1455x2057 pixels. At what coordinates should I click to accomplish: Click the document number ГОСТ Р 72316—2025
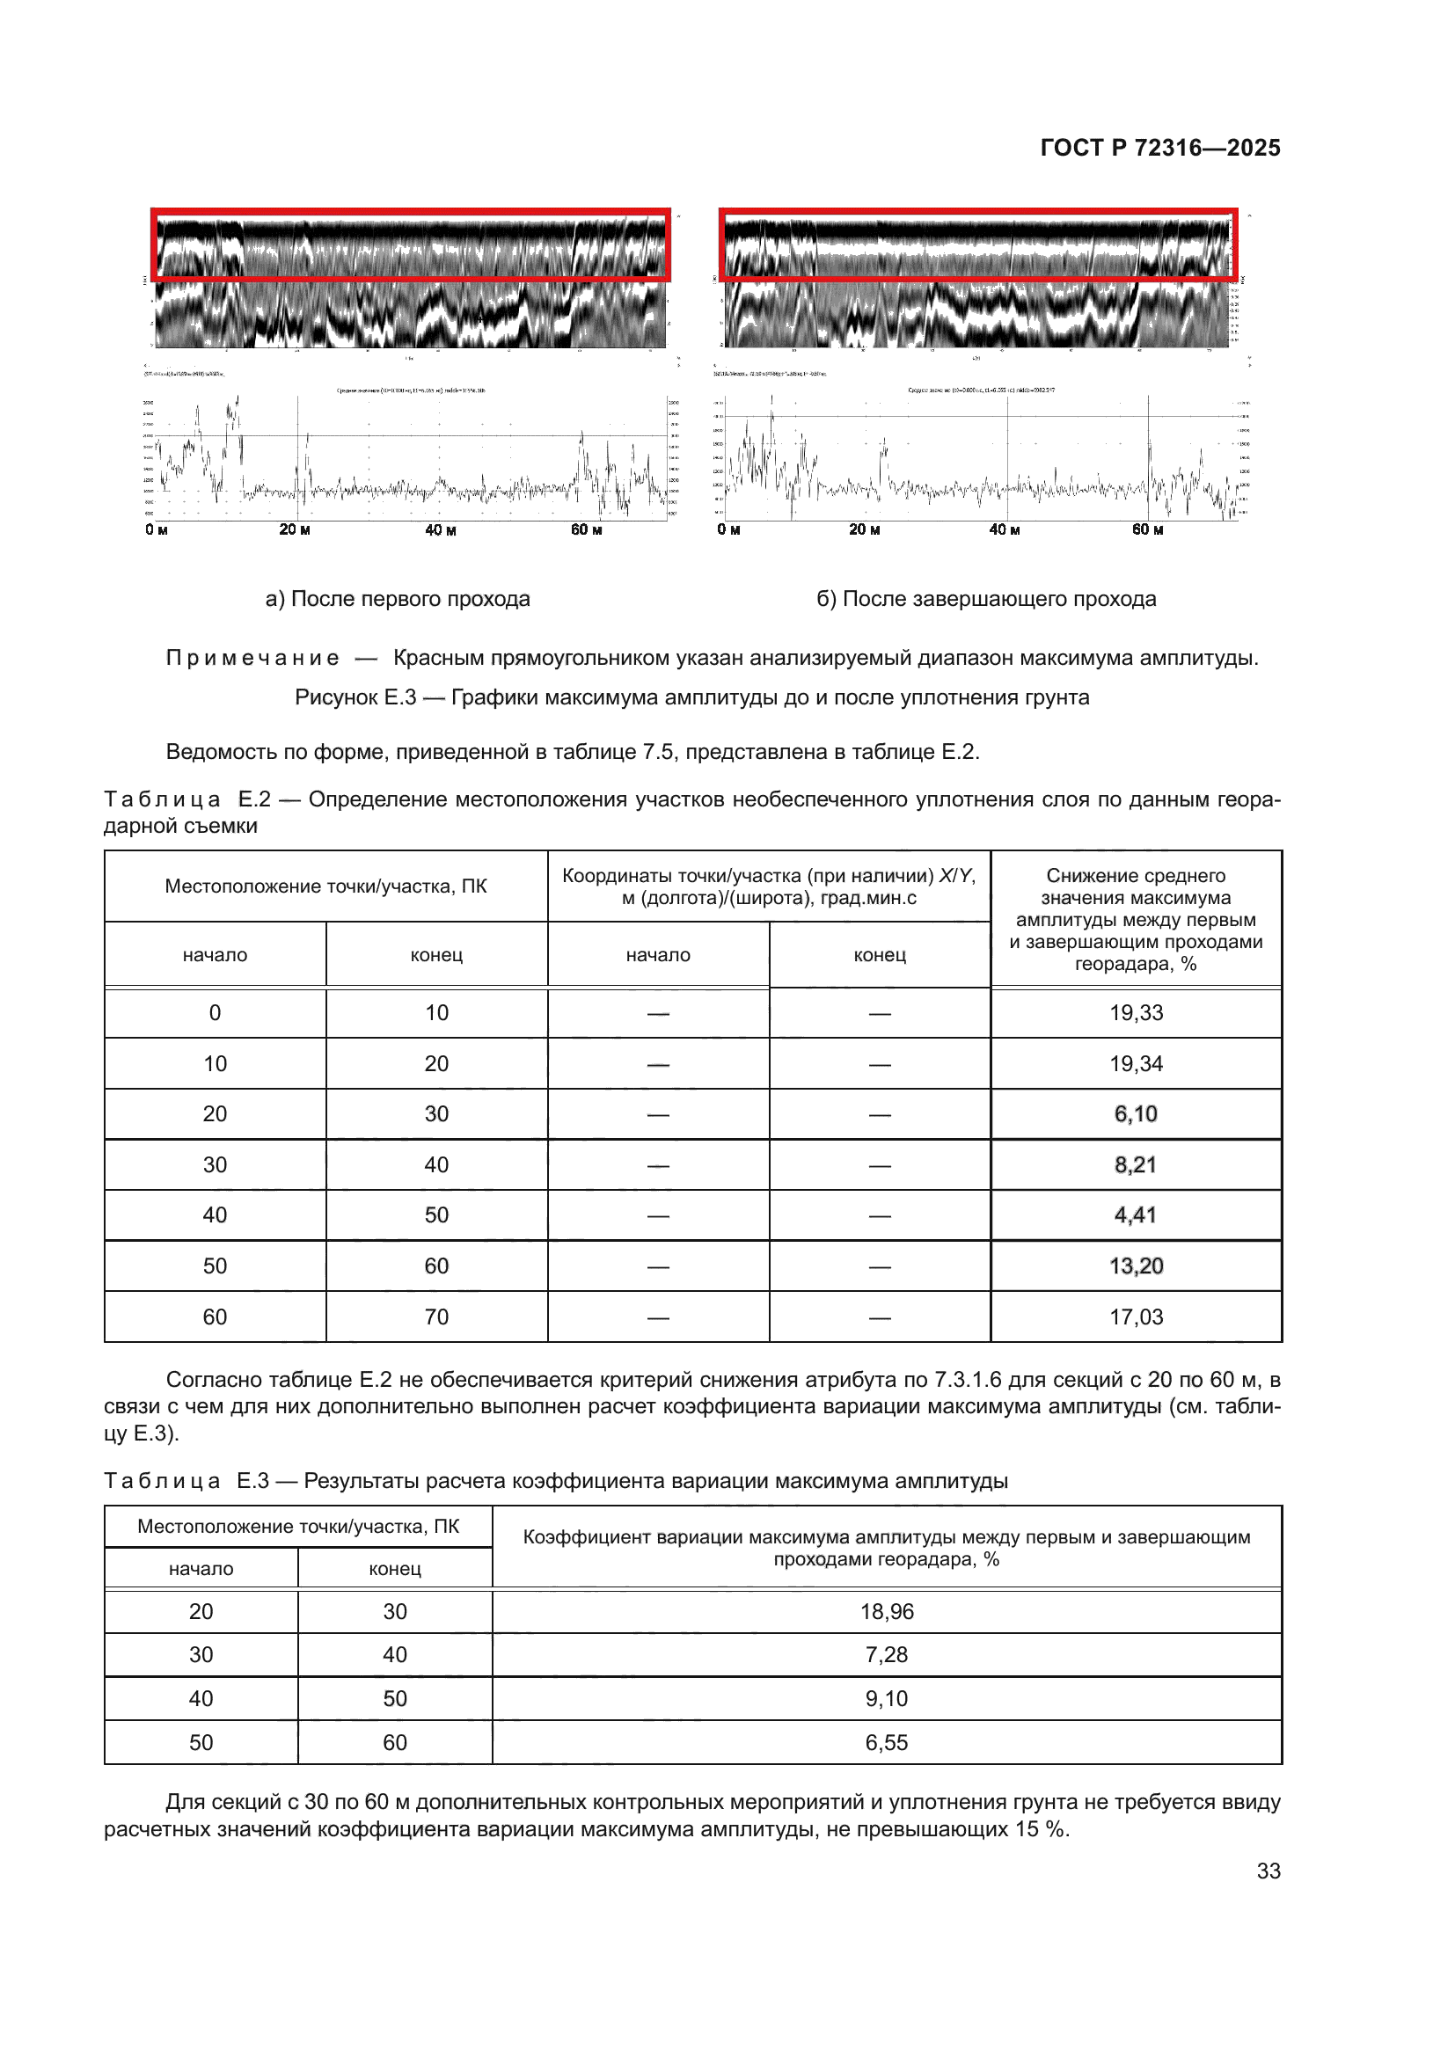[x=1159, y=148]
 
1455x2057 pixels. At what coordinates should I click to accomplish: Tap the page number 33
[x=1268, y=1871]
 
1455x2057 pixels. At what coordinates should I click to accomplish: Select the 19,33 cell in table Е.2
[x=1135, y=1012]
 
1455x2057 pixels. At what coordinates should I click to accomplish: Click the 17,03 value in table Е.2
[x=1135, y=1317]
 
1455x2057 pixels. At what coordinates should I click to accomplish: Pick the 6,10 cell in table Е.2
[x=1135, y=1113]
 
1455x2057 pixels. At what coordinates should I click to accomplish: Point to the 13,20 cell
[x=1135, y=1266]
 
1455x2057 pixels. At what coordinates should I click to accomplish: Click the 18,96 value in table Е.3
[x=886, y=1612]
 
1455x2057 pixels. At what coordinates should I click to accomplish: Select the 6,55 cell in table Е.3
[x=886, y=1742]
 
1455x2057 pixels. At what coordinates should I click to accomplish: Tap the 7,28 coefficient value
[x=886, y=1655]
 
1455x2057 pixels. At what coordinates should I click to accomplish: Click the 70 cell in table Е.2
[x=436, y=1317]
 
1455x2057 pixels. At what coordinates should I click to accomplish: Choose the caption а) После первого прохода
[x=397, y=599]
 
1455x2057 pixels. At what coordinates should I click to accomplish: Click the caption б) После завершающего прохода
[x=985, y=599]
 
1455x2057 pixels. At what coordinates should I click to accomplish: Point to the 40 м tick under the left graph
[x=440, y=530]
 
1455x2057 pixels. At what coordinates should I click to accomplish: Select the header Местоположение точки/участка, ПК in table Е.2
[x=325, y=886]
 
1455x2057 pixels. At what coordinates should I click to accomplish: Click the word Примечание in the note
[x=252, y=658]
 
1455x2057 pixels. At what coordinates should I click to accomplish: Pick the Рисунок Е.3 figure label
[x=355, y=697]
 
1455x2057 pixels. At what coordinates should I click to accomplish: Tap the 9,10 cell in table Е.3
[x=886, y=1699]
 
